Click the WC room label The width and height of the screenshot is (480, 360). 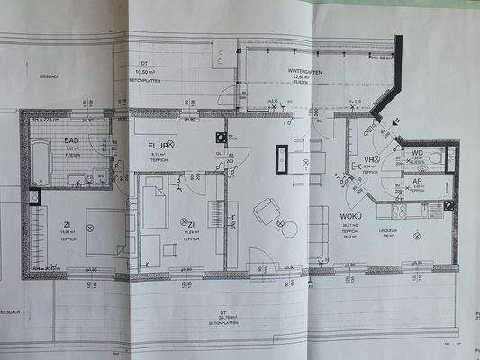click(x=416, y=153)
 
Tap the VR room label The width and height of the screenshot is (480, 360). click(x=368, y=161)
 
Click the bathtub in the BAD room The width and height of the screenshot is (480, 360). click(x=41, y=162)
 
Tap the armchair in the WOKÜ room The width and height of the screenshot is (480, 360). click(x=267, y=211)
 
